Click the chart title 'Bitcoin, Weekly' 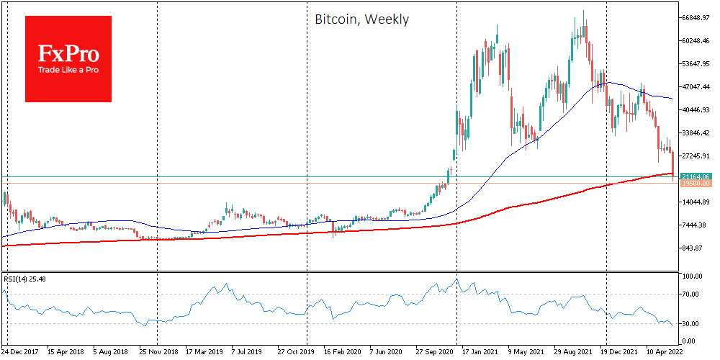(x=361, y=19)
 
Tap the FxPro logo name (x=68, y=53)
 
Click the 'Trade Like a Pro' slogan (x=68, y=71)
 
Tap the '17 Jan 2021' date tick (x=482, y=353)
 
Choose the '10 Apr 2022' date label (x=665, y=353)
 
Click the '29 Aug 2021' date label (x=573, y=353)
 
